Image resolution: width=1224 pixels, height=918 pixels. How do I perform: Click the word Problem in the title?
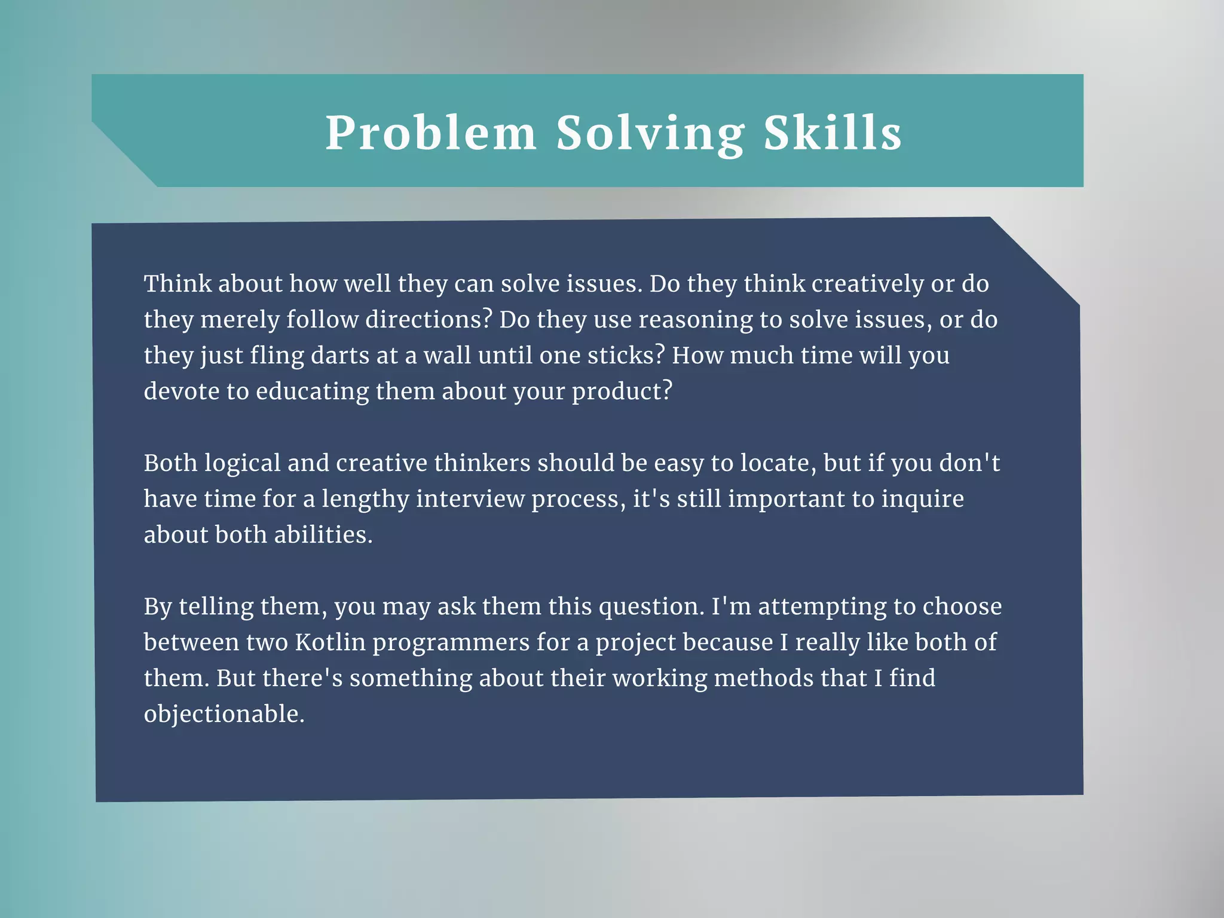431,133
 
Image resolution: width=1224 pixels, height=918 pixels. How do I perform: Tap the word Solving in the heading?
650,134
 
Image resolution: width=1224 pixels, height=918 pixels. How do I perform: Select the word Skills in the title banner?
833,133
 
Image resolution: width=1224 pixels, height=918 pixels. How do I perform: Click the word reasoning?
695,320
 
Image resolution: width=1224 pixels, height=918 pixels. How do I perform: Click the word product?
622,391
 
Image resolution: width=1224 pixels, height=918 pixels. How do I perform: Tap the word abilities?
323,535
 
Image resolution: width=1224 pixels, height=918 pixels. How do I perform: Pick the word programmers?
451,642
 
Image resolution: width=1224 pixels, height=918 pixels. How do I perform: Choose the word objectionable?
224,714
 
